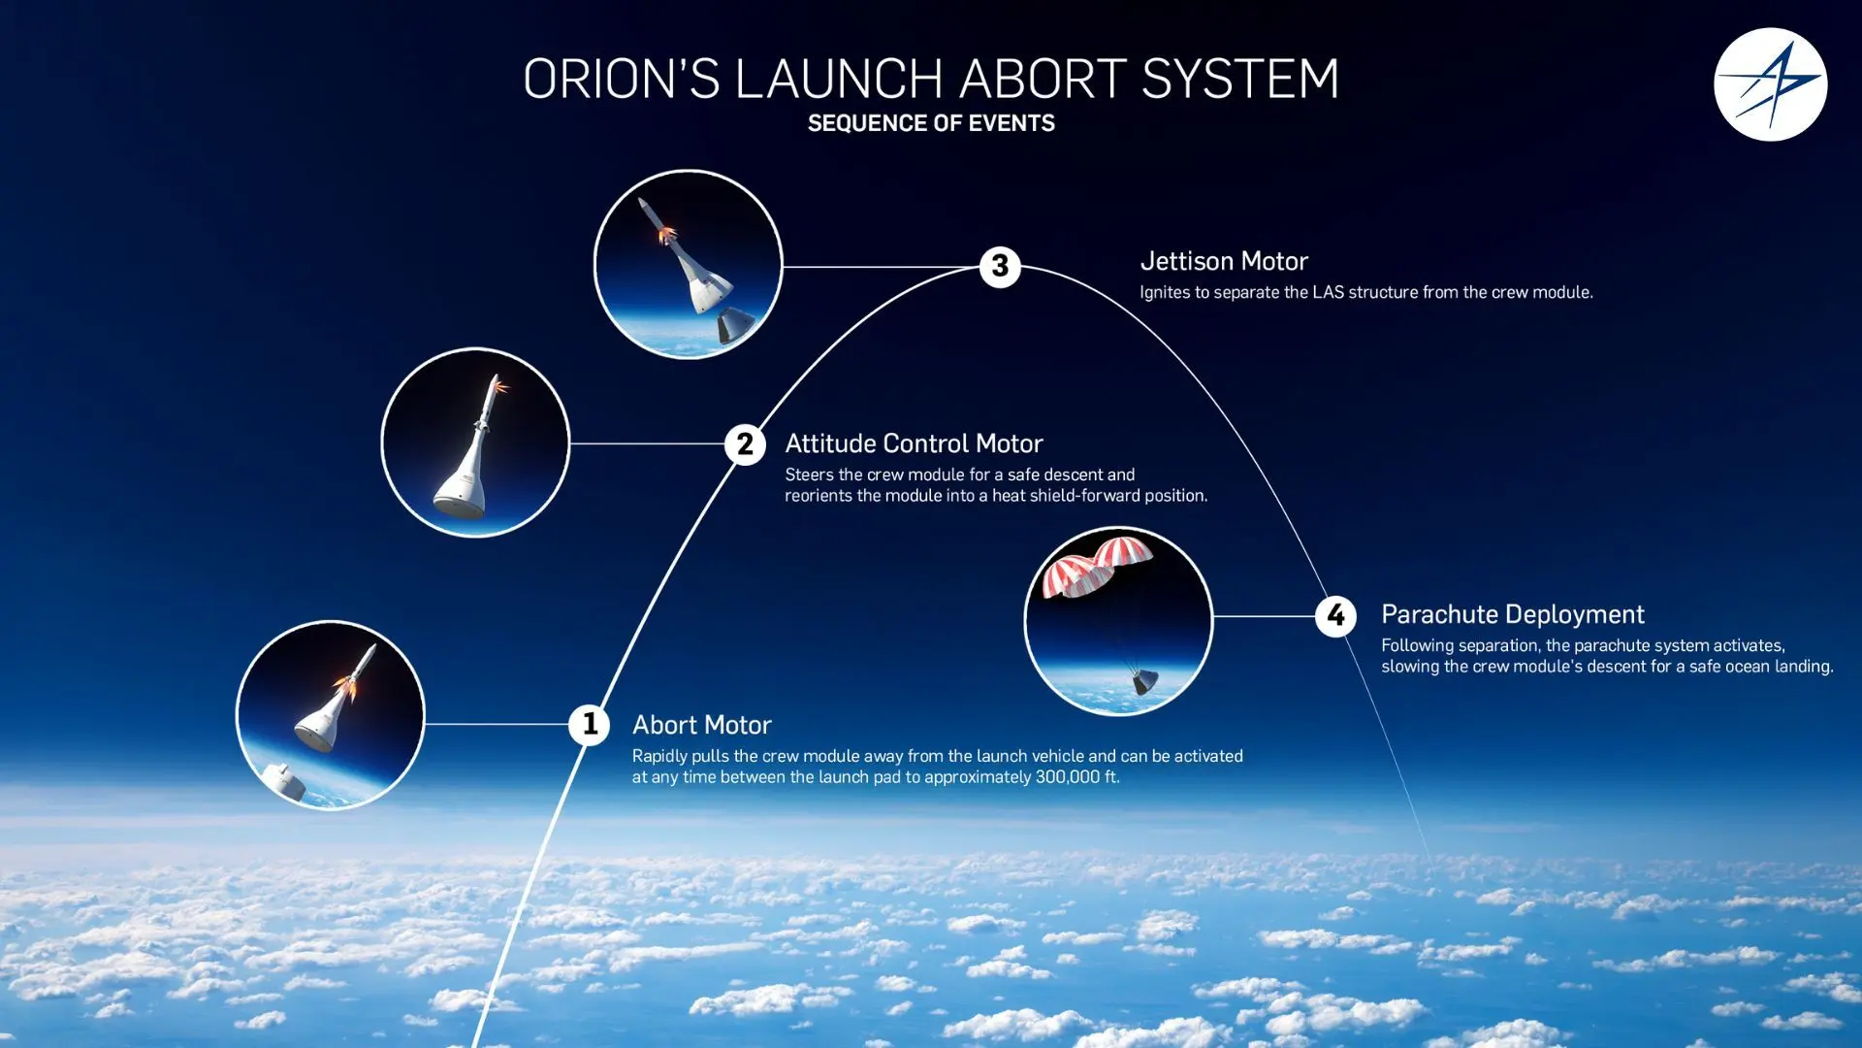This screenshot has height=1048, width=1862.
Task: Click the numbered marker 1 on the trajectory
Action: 589,724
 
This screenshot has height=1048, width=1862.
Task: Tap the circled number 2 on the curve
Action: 745,444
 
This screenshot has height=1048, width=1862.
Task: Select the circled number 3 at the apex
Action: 1000,266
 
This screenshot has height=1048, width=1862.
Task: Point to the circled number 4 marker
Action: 1335,615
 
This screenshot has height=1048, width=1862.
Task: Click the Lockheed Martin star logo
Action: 1770,84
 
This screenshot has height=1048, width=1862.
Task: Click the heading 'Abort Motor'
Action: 701,725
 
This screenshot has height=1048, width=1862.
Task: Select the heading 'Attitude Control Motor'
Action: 914,443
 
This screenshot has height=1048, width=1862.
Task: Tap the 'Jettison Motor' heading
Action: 1224,261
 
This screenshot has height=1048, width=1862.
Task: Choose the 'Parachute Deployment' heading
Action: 1512,614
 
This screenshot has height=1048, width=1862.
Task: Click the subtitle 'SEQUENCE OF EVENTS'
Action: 931,123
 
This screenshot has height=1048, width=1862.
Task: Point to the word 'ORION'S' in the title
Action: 622,79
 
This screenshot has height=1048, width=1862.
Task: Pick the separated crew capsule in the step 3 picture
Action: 735,324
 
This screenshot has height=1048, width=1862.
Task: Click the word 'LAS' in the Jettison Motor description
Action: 1329,292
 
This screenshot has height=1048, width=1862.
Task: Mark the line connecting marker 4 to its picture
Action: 1264,615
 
